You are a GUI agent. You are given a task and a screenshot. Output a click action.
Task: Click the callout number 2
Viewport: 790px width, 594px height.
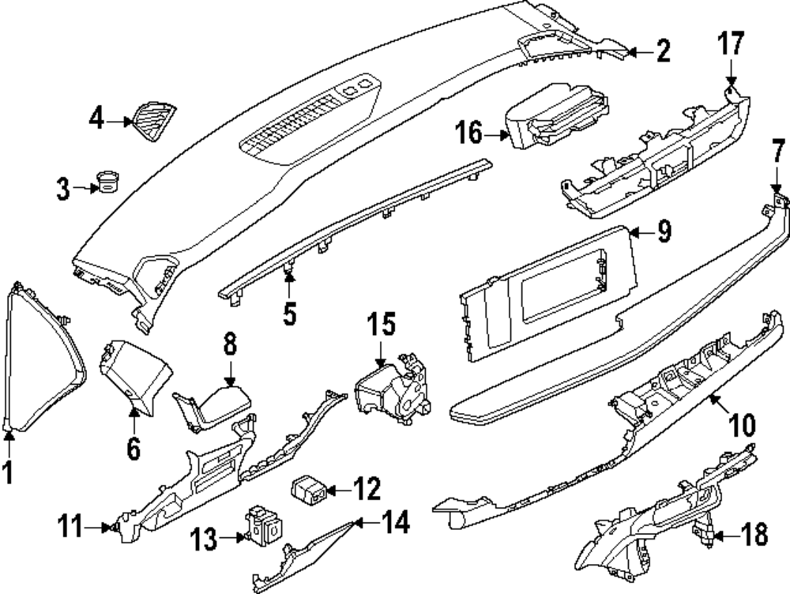pos(664,51)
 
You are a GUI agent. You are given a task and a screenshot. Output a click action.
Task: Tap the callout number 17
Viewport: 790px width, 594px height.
pos(731,43)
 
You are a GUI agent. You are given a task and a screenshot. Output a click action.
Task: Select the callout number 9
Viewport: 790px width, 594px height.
pos(664,232)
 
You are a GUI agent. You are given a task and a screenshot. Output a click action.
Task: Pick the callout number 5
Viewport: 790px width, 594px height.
pos(289,314)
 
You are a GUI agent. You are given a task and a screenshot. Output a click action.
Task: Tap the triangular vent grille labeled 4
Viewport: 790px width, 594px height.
pos(154,122)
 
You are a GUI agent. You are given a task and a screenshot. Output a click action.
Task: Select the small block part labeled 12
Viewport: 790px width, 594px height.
pos(309,489)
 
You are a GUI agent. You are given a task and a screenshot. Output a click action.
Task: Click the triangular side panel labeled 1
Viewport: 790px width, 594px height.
pos(45,358)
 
